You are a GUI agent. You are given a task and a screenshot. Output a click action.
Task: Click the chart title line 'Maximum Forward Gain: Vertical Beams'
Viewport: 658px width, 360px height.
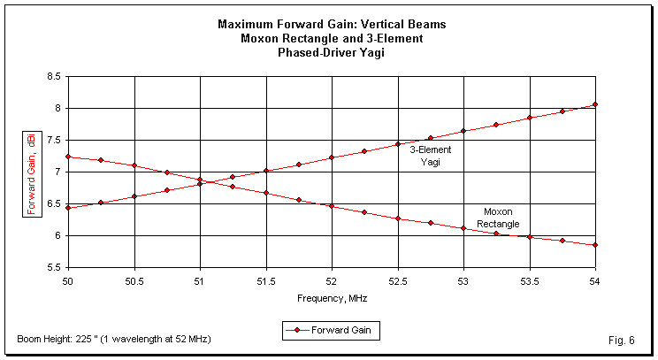331,24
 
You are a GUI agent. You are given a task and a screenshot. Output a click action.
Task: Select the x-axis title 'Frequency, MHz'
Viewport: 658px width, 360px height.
331,298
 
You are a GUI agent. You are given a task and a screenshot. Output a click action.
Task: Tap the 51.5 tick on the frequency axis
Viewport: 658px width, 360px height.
265,280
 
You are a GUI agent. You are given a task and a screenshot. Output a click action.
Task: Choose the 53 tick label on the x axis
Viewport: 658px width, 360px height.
463,280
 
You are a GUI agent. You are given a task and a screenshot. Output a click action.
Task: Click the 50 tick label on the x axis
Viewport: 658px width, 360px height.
67,280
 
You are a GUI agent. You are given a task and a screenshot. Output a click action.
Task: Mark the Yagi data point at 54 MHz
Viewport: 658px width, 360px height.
595,104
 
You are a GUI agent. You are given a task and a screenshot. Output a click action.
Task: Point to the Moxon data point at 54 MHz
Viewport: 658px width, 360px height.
595,245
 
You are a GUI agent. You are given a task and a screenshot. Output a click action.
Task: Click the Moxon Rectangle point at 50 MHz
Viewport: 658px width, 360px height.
67,157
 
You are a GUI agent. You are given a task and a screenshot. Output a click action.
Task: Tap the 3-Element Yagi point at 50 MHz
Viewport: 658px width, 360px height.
67,208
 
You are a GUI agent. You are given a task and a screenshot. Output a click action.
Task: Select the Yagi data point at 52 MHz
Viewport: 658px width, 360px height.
332,157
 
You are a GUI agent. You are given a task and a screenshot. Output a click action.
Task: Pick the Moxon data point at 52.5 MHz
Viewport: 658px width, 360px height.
398,218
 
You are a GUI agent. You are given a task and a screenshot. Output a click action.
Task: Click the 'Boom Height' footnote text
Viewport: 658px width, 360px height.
113,340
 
